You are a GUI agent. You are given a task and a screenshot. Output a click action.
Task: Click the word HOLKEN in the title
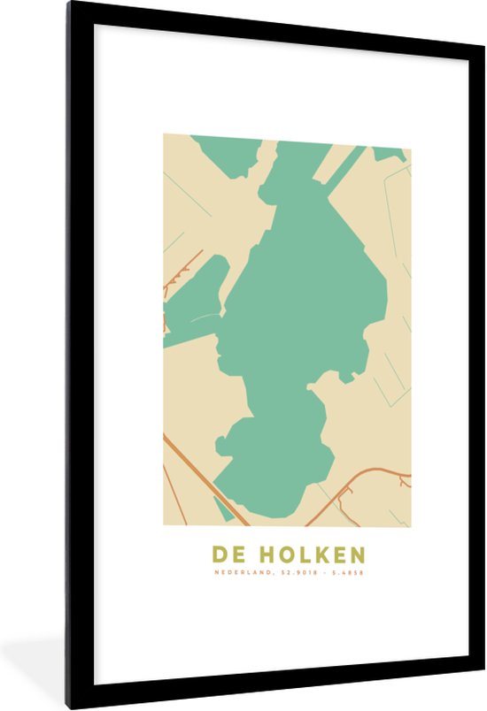point(311,554)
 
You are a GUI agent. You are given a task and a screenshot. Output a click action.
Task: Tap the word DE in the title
point(228,554)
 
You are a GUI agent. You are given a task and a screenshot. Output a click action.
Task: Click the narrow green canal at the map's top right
point(344,167)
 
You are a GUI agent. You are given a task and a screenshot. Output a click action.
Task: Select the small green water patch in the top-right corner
point(390,153)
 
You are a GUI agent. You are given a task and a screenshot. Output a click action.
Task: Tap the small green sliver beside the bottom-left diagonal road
point(222,508)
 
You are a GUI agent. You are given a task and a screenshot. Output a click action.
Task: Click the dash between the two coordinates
point(325,572)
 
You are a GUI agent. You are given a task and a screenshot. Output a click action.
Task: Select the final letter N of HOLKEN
point(357,554)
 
